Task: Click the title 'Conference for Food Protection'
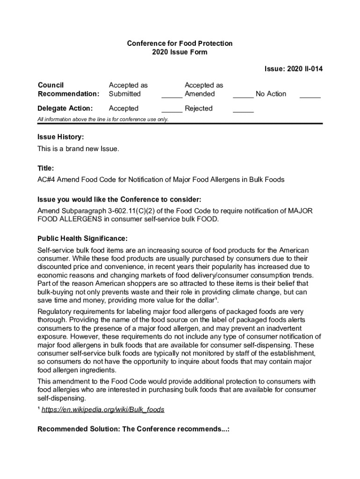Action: (x=180, y=44)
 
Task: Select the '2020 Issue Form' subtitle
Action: (x=180, y=52)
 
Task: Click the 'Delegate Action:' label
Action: (x=65, y=109)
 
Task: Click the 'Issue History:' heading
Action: (x=61, y=137)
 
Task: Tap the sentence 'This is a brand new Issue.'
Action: (x=78, y=149)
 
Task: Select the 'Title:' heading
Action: (x=46, y=168)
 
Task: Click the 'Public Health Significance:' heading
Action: (x=82, y=239)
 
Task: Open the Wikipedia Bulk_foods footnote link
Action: (x=103, y=410)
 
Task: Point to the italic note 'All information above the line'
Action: (x=103, y=119)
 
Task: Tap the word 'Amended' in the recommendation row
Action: (x=200, y=94)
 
